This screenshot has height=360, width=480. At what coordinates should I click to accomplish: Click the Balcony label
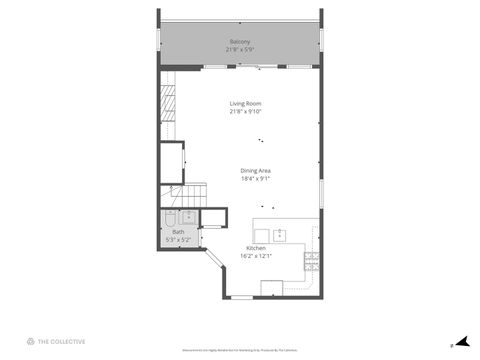click(x=240, y=42)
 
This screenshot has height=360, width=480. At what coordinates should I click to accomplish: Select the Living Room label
click(x=244, y=104)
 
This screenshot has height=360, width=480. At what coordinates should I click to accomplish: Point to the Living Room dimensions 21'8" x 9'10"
click(x=244, y=112)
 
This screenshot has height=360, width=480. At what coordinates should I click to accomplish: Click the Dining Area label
click(x=256, y=171)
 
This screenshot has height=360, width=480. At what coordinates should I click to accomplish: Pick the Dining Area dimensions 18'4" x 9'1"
click(x=256, y=179)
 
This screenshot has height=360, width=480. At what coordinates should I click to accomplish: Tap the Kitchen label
click(x=256, y=248)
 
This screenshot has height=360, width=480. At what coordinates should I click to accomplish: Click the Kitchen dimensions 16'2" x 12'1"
click(x=256, y=256)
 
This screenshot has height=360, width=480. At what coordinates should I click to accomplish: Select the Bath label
click(x=178, y=232)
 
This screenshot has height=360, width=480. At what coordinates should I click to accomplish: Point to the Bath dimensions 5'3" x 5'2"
click(x=178, y=240)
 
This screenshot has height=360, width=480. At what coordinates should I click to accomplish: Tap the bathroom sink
click(x=188, y=217)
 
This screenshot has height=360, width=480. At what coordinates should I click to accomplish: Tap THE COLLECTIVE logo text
click(x=62, y=341)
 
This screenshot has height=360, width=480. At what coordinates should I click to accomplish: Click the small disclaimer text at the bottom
click(x=240, y=351)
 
